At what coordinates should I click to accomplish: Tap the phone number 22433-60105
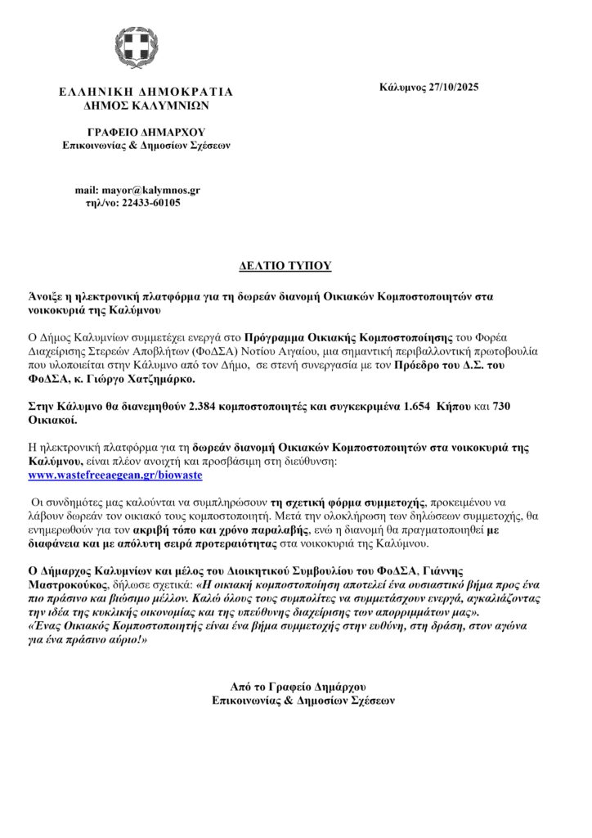pos(151,202)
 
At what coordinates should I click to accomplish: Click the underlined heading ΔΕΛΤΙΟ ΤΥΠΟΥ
pos(294,267)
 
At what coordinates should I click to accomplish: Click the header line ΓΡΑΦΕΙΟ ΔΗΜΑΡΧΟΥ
pos(147,132)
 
